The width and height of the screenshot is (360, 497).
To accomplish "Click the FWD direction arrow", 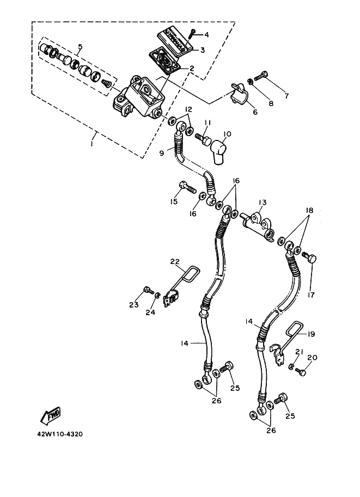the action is click(51, 416).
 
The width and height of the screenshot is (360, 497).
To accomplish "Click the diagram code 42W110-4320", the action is click(60, 434).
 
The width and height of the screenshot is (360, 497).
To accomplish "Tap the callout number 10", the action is click(227, 134).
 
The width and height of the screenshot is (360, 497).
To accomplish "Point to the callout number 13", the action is click(262, 202).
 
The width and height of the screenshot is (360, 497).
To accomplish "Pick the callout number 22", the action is click(175, 262).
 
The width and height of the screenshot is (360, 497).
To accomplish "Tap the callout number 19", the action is click(312, 334).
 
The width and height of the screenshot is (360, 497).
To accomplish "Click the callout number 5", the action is click(80, 47).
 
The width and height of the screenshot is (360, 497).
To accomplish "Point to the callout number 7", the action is click(286, 95).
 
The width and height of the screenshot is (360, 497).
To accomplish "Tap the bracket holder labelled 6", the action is click(240, 94).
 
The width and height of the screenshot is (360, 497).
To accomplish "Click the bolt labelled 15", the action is click(188, 187).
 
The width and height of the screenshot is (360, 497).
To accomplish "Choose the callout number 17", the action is click(311, 295).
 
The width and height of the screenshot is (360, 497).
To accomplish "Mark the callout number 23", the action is click(134, 305).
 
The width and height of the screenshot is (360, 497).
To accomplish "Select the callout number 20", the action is click(313, 357).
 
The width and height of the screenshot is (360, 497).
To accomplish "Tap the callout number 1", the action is click(91, 143).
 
